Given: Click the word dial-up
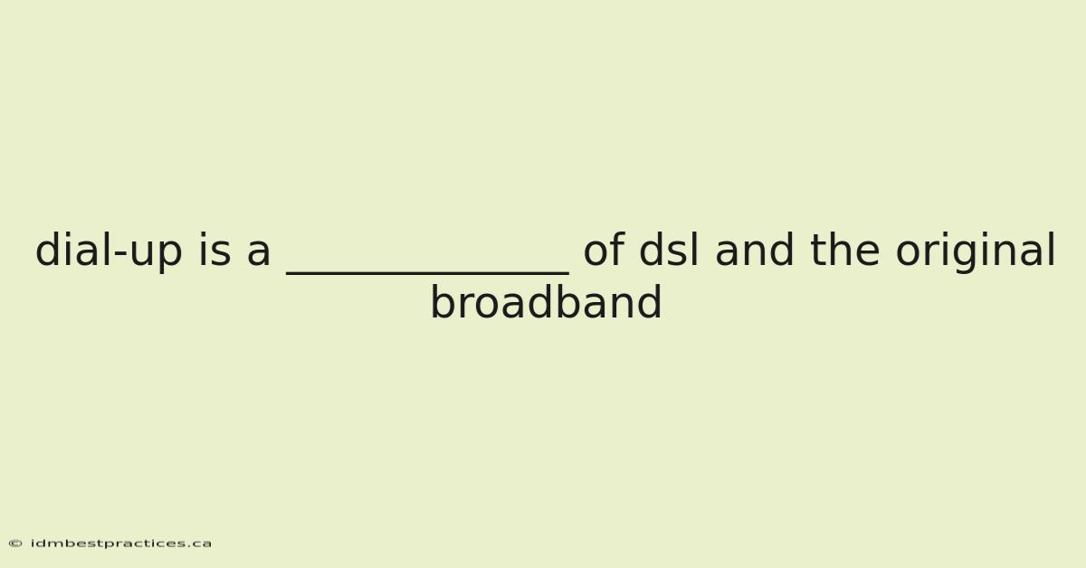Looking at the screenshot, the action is [x=109, y=251].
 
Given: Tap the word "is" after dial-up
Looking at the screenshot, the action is [x=214, y=250].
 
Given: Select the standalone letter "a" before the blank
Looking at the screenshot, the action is [x=259, y=254].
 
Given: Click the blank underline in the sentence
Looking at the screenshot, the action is [x=427, y=274].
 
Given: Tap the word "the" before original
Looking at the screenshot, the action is [x=844, y=249].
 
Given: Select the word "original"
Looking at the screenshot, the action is [x=976, y=251].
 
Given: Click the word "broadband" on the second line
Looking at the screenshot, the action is [x=546, y=302].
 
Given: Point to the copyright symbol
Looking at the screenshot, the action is [x=15, y=544].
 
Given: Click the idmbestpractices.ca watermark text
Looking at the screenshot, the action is [x=121, y=544].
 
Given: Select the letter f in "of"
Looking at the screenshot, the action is [x=617, y=249].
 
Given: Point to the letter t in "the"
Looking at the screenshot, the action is [x=817, y=251].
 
